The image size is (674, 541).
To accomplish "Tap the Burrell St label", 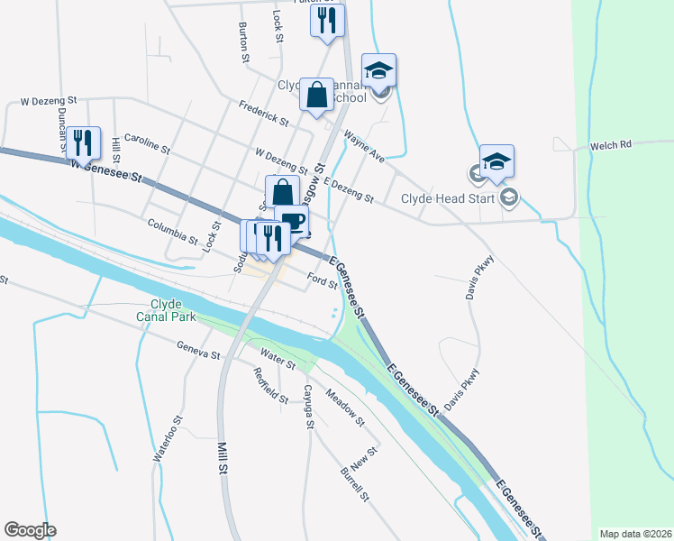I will (x=355, y=483).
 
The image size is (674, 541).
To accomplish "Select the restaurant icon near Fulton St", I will (x=328, y=21).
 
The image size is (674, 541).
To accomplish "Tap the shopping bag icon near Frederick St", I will (x=317, y=95).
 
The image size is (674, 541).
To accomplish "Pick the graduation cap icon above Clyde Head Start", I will (x=496, y=161).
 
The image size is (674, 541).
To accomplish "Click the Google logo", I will (x=30, y=530).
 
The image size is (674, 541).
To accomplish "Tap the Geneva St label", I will (x=198, y=351).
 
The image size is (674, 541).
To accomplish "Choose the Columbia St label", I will (x=172, y=231).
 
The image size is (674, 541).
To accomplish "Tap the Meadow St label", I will (x=345, y=408).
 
